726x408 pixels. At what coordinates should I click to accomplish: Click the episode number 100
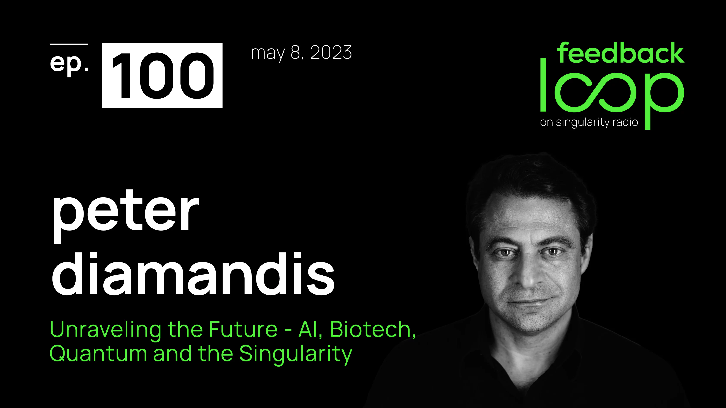click(162, 75)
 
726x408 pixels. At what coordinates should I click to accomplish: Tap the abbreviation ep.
click(69, 63)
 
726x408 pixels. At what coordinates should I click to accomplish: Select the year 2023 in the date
click(331, 52)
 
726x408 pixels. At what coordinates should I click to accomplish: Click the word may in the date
click(267, 53)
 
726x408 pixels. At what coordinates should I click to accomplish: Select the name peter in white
click(125, 214)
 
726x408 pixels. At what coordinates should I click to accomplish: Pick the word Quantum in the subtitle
click(98, 354)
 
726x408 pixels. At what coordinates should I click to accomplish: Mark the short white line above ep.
click(69, 44)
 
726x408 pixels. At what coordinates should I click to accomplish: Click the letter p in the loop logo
click(662, 96)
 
